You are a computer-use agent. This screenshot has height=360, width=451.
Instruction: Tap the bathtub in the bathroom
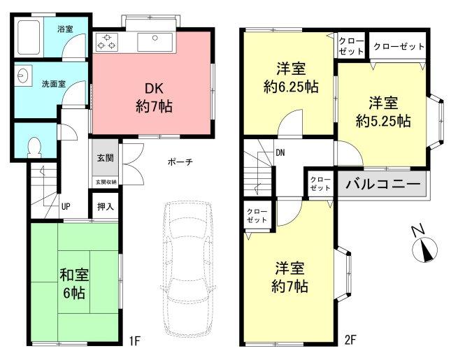point(30,36)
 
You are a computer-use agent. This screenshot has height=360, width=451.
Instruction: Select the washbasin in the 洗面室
point(22,77)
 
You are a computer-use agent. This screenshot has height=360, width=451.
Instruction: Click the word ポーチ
point(180,162)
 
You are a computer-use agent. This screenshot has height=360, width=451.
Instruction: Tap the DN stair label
point(280,152)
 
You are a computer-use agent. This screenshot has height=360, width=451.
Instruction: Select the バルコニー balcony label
point(381,185)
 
